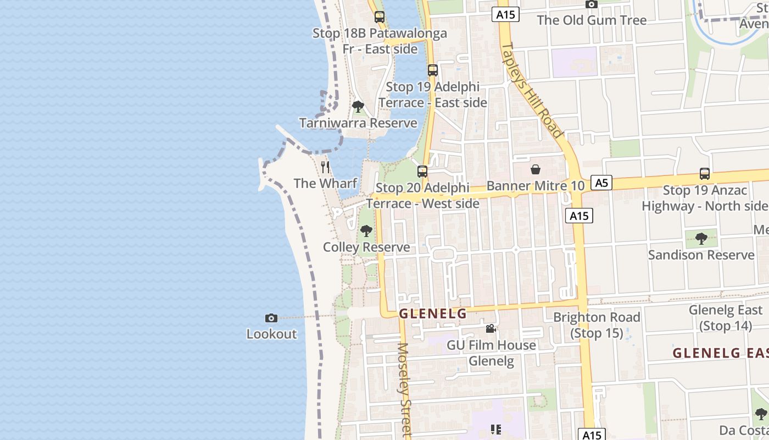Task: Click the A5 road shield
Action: pyautogui.click(x=601, y=183)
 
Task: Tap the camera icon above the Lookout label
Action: pyautogui.click(x=271, y=318)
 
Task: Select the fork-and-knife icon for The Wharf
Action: pyautogui.click(x=325, y=167)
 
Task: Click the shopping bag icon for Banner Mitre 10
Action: pyautogui.click(x=535, y=169)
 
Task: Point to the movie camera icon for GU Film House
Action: pyautogui.click(x=491, y=329)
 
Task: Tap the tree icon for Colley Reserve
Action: pyautogui.click(x=366, y=231)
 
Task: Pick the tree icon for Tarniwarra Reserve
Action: pyautogui.click(x=358, y=106)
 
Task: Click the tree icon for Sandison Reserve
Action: pyautogui.click(x=701, y=239)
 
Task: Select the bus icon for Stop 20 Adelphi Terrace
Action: pyautogui.click(x=422, y=171)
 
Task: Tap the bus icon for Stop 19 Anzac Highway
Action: pyautogui.click(x=705, y=174)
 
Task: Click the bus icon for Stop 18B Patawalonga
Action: pyautogui.click(x=379, y=17)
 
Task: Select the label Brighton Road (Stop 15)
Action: pyautogui.click(x=597, y=325)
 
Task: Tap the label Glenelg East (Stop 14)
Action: pyautogui.click(x=726, y=318)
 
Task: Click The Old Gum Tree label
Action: pyautogui.click(x=592, y=20)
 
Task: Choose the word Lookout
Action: pyautogui.click(x=271, y=334)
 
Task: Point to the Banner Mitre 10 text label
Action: pyautogui.click(x=536, y=186)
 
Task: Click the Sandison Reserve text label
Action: pyautogui.click(x=701, y=255)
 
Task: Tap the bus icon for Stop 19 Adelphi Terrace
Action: pyautogui.click(x=432, y=70)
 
